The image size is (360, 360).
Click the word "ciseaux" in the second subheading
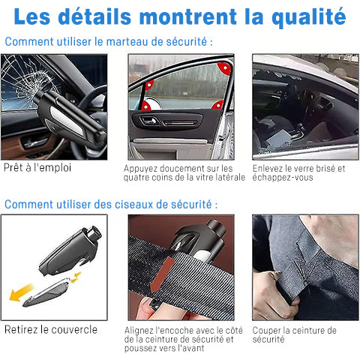(x=125, y=204)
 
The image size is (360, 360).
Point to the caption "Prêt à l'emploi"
(x=37, y=168)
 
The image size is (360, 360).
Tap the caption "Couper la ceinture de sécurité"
(x=294, y=334)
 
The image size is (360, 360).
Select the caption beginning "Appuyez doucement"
(x=184, y=173)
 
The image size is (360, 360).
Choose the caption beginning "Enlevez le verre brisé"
(x=298, y=173)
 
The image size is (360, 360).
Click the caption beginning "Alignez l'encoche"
(x=184, y=339)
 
